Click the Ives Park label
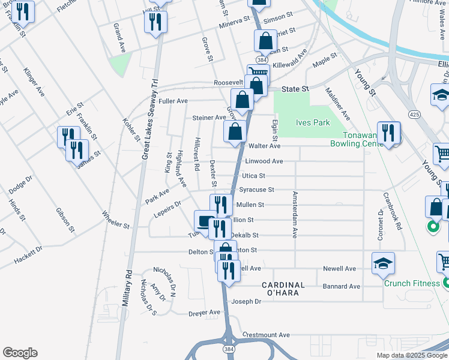tap(313, 122)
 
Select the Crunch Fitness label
tap(412, 284)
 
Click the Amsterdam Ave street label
tap(295, 215)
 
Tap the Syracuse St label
tap(256, 190)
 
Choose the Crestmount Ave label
tap(266, 335)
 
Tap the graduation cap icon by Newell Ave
tap(383, 263)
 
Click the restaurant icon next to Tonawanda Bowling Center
tap(388, 133)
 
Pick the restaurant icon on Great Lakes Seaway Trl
tap(155, 22)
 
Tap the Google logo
tap(20, 353)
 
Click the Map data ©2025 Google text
tap(412, 355)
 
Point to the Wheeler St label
tap(115, 220)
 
